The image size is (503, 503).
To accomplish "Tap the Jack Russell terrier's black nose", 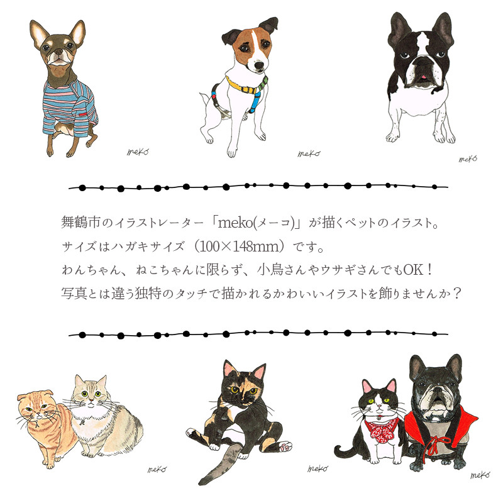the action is (x=259, y=65).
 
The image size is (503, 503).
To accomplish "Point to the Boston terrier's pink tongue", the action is (x=423, y=77).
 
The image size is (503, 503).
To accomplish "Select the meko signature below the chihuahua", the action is (x=138, y=152).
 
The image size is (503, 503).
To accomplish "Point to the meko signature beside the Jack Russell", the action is (x=309, y=153).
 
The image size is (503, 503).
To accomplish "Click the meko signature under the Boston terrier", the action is (x=468, y=159).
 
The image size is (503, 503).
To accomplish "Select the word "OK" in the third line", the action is (x=413, y=270).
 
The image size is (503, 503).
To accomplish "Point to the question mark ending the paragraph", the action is (x=455, y=294).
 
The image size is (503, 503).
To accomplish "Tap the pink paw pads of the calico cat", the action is (x=285, y=446).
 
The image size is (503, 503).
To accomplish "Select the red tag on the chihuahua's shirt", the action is (x=83, y=113).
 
